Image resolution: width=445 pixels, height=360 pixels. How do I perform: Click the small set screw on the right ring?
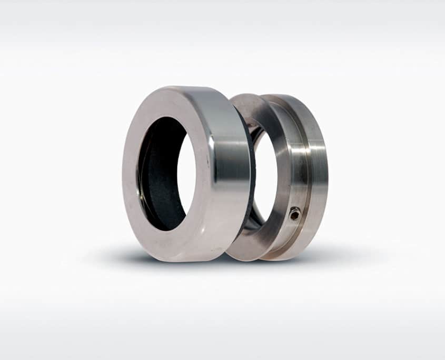point(295,213)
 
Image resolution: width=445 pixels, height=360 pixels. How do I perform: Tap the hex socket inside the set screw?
point(295,214)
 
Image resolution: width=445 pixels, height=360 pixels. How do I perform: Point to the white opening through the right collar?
point(266,174)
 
